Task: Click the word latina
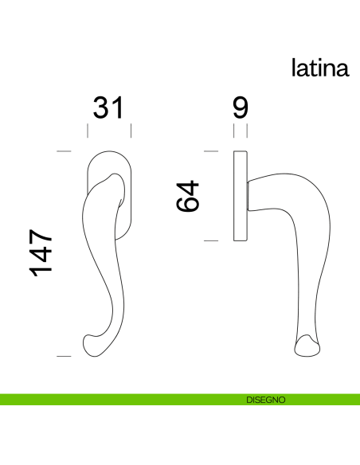[319, 68]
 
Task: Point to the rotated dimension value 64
[188, 195]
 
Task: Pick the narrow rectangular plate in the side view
[241, 195]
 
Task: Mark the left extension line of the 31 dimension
[87, 131]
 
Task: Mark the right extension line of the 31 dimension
[131, 131]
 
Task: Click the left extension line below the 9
[233, 131]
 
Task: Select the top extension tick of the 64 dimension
[211, 150]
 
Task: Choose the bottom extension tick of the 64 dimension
[211, 240]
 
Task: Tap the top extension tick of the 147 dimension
[65, 150]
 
